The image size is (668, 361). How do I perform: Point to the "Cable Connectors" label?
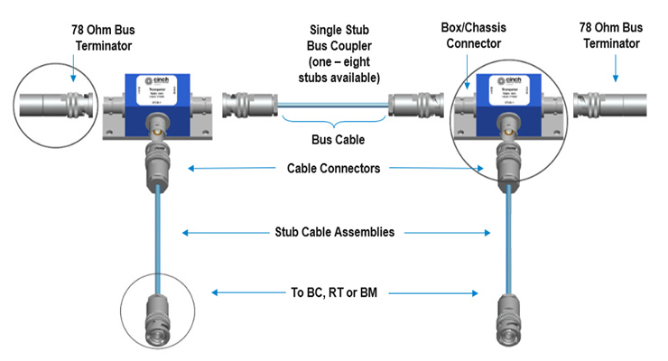pos(333,168)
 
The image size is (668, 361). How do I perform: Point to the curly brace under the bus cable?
pos(333,120)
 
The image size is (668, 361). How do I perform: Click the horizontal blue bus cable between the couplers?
pos(333,106)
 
